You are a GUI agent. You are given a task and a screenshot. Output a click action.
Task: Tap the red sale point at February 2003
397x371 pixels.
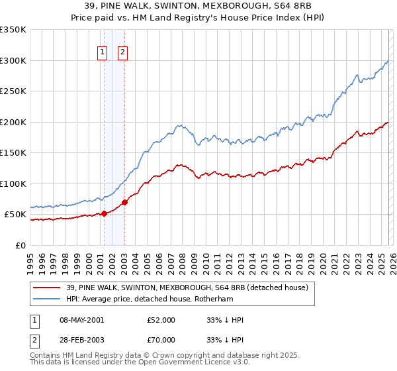124,202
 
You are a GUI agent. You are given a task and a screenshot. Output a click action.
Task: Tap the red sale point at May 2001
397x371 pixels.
103,213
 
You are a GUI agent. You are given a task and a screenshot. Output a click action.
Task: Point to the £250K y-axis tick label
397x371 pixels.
13,91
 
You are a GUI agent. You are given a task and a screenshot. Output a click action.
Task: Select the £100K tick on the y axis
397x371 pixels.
13,184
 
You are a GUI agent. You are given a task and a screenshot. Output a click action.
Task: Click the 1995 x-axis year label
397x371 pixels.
30,259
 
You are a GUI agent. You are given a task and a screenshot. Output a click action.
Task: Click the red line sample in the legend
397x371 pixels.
47,288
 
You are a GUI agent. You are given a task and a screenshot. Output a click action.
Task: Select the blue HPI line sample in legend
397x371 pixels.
47,299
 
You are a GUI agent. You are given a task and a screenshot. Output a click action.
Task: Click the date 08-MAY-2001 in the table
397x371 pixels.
81,320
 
